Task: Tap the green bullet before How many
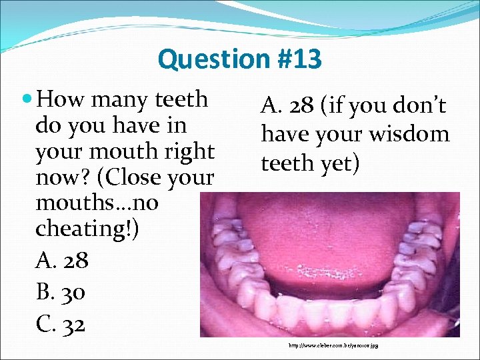coord(27,100)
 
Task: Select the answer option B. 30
coord(61,292)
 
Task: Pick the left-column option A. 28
coord(61,260)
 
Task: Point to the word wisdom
coord(413,135)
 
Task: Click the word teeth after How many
coord(181,100)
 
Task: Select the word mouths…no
coord(97,203)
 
